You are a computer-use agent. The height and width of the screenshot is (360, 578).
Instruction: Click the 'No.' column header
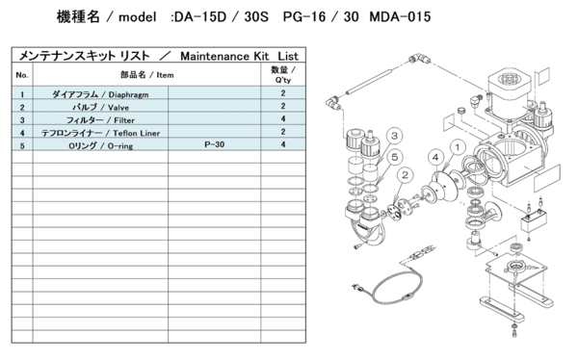coord(22,74)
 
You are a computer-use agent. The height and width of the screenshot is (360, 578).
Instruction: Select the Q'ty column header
coord(282,74)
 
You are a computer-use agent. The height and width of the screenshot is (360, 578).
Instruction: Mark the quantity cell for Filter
coord(282,120)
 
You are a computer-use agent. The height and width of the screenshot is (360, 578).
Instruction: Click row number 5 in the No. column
coord(22,144)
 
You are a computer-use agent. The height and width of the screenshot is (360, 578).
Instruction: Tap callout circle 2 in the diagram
coord(407,175)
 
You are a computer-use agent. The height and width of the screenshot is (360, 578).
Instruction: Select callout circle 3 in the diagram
coord(395,137)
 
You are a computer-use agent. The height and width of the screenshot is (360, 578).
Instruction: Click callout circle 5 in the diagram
coord(395,158)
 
